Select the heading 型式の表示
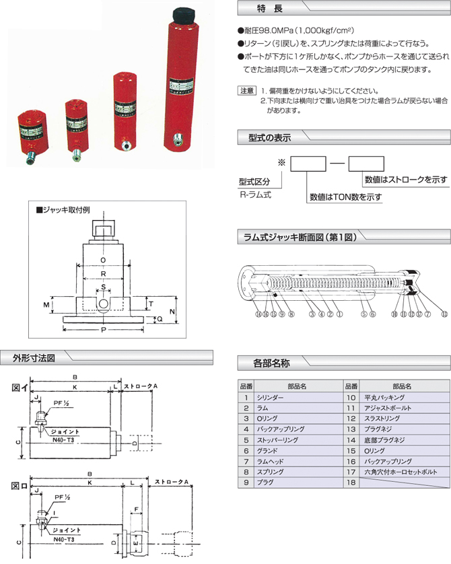point(265,138)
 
